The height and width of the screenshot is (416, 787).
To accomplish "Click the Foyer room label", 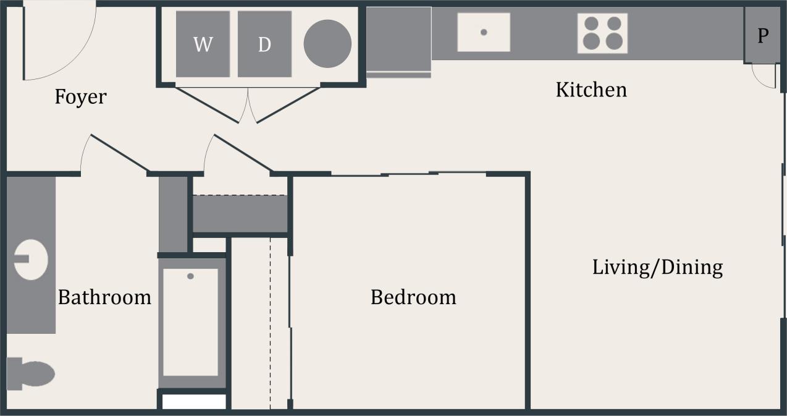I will tap(80, 97).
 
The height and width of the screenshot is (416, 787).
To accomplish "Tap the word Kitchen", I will tap(591, 90).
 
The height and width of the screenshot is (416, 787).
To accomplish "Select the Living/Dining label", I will tap(657, 268).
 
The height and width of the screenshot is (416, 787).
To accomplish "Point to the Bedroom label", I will tap(413, 297).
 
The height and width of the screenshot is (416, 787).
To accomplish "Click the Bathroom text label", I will tap(104, 297).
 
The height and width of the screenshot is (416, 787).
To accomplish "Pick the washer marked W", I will tap(203, 44).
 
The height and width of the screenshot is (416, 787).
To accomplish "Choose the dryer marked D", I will tap(264, 44).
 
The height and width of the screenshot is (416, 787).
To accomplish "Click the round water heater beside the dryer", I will tap(327, 44).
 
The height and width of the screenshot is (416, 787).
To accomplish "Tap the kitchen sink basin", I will tap(484, 32).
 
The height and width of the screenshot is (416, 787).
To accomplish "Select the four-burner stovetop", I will tap(602, 33).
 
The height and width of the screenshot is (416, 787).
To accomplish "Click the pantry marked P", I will tap(763, 36).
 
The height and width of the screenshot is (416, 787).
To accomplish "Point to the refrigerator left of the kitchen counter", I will tap(398, 38).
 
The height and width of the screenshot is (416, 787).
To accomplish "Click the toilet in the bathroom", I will tap(31, 373).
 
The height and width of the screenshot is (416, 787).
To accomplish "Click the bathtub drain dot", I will tap(190, 276).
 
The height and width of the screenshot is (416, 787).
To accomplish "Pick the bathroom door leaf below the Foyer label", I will tap(120, 153).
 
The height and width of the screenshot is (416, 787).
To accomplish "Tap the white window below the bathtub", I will tap(194, 402).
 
